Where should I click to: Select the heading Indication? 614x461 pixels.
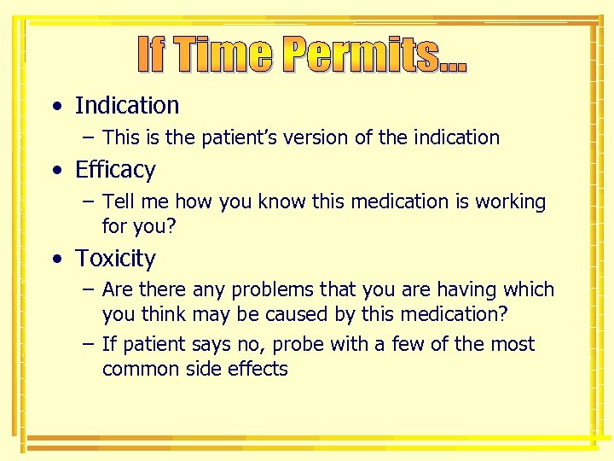pos(127,106)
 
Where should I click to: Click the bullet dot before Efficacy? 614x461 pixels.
pos(56,171)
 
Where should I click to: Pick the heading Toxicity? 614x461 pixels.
pos(115,258)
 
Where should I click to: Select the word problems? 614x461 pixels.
pos(245,290)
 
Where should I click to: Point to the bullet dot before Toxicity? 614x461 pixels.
pos(56,259)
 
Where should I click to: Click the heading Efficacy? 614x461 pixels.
pos(115,170)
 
